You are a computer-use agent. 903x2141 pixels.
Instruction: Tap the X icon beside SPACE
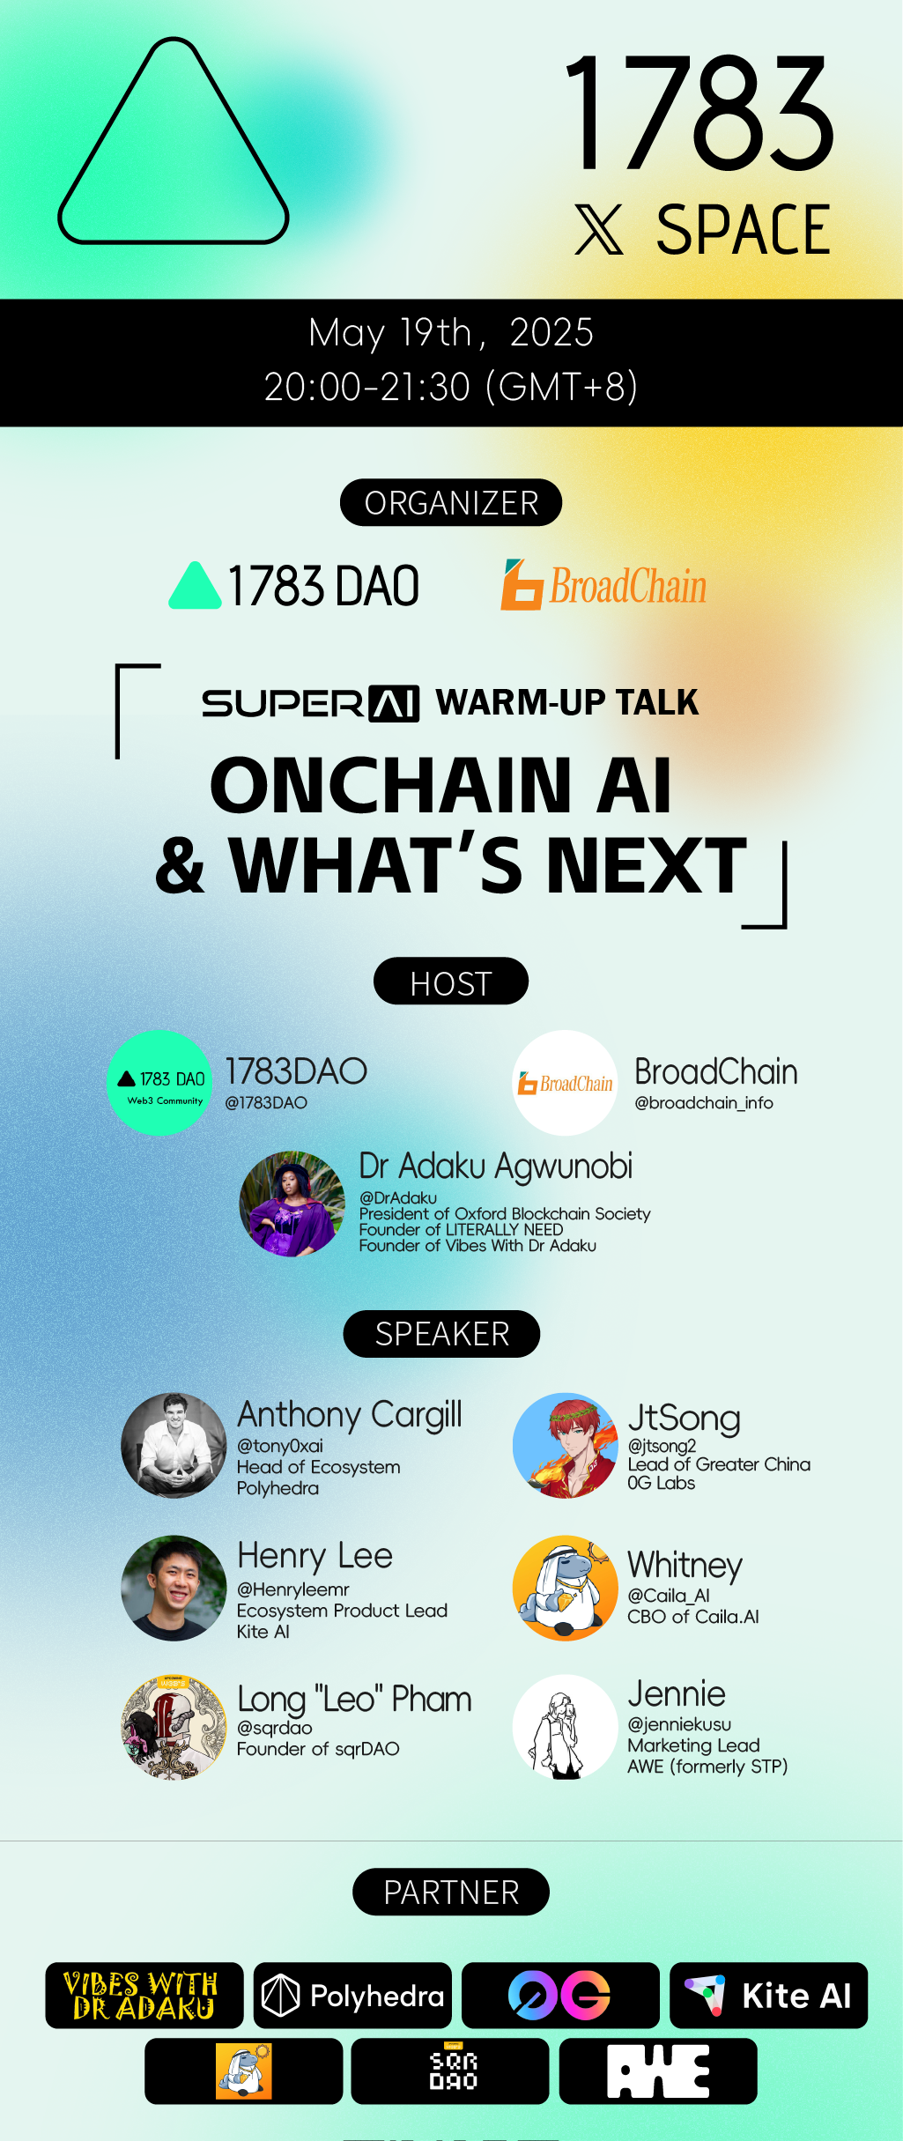click(x=599, y=229)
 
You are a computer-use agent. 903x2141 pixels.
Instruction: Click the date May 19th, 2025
click(x=450, y=333)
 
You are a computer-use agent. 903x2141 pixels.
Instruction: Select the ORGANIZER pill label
click(x=450, y=502)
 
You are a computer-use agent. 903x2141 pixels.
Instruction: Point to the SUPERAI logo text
click(x=310, y=703)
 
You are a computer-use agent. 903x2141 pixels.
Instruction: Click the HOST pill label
click(x=450, y=982)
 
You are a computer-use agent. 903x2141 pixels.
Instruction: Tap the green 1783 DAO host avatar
click(x=159, y=1083)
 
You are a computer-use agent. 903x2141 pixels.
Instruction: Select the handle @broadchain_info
click(x=703, y=1103)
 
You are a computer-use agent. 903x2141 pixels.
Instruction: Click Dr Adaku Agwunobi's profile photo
click(x=292, y=1204)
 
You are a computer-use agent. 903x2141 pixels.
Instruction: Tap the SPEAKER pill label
click(x=441, y=1334)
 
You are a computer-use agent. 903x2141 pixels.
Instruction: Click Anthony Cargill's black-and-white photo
click(x=174, y=1445)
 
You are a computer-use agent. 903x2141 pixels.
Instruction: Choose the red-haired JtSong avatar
click(x=565, y=1445)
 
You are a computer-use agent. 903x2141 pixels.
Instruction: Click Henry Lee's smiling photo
click(x=174, y=1588)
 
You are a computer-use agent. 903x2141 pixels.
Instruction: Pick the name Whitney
click(x=685, y=1565)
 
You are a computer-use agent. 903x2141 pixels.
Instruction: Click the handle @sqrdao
click(x=274, y=1728)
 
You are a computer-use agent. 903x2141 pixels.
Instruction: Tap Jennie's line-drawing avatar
click(x=565, y=1727)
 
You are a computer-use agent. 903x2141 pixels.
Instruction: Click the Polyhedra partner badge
click(x=352, y=1996)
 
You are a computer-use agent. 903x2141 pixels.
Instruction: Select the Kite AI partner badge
click(x=768, y=1996)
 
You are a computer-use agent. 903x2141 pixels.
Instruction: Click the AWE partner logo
click(x=657, y=2071)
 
